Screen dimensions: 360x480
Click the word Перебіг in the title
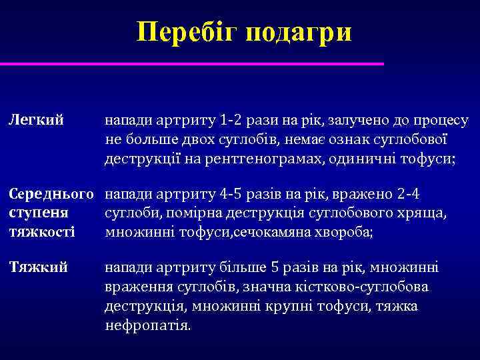tap(185, 33)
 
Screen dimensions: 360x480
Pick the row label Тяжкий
tap(38, 268)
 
